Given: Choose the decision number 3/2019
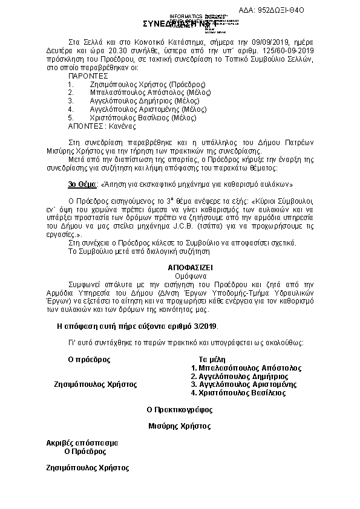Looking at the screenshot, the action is pyautogui.click(x=201, y=326).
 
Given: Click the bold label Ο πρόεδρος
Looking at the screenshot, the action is pyautogui.click(x=90, y=358).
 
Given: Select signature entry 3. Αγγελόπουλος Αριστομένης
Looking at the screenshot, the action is pyautogui.click(x=243, y=384).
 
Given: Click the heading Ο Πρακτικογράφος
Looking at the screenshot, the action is pyautogui.click(x=180, y=409).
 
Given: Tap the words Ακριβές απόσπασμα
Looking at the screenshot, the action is pyautogui.click(x=83, y=443).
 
